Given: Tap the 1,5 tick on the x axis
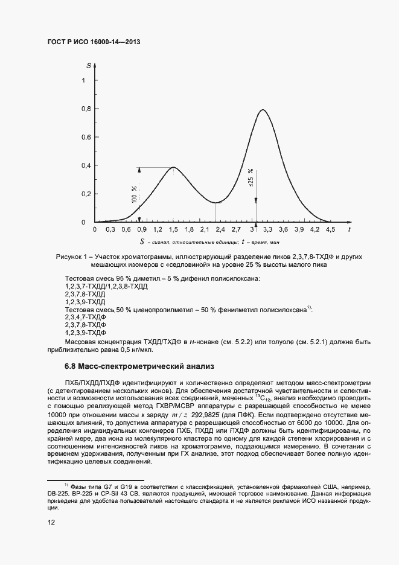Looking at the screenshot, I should tap(173, 230).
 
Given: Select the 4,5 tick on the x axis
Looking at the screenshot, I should tap(330, 230).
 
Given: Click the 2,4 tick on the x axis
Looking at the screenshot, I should tap(220, 230).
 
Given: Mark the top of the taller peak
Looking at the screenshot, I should tap(263, 110).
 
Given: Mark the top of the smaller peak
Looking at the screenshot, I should tap(173, 167).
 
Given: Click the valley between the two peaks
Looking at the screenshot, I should tap(215, 202).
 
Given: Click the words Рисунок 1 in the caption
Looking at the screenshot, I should tap(73, 257).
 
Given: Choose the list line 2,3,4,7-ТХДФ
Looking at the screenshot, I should tap(85, 317).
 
